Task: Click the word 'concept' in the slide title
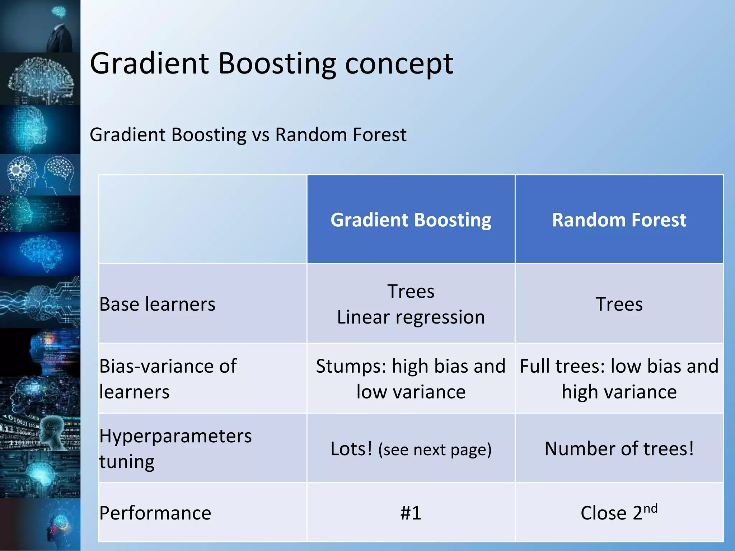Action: pos(399,64)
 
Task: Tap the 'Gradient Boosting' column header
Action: pos(411,220)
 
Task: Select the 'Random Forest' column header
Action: pos(619,220)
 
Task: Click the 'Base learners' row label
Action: pos(157,304)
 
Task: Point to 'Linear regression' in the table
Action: pos(411,317)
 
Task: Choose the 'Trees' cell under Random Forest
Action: pos(619,304)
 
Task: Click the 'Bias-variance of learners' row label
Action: pos(168,378)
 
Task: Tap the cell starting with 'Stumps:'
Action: pos(411,378)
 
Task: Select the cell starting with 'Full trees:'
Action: pos(619,378)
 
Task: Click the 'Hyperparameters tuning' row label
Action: pos(175,448)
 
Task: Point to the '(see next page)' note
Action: pos(435,450)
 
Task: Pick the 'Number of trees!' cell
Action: pos(619,448)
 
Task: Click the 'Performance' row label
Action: pos(155,513)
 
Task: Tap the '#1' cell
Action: pos(411,513)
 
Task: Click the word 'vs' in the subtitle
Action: pos(261,135)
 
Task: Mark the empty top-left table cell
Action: pos(203,219)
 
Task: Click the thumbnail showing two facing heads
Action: pos(40,175)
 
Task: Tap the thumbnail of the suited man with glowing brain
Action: pos(40,26)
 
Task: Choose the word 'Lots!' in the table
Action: pos(351,448)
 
